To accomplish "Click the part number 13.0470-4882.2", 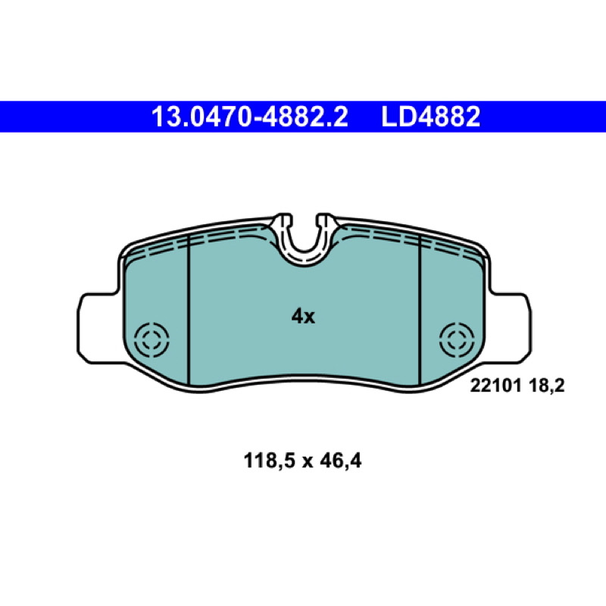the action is (250, 117).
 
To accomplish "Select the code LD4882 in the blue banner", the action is (430, 117).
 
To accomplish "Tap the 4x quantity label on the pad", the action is (303, 317).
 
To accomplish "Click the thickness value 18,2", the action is (545, 386).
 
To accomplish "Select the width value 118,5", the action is (270, 461).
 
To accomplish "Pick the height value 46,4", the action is (340, 461).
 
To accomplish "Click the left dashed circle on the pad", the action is (151, 340).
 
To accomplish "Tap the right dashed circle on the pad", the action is (457, 340).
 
